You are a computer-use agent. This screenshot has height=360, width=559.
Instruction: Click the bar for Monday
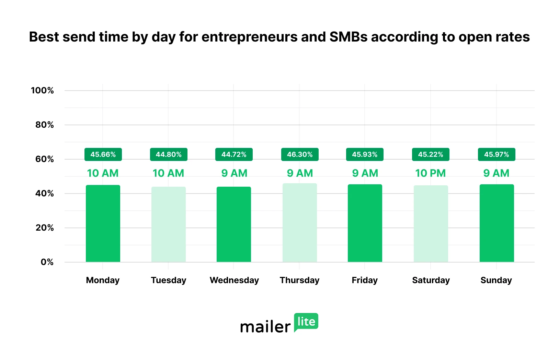click(103, 223)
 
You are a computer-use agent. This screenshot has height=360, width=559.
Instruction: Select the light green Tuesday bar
click(169, 224)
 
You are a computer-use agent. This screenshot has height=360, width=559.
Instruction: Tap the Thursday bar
click(300, 223)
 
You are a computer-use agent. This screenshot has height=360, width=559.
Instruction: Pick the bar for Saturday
click(431, 224)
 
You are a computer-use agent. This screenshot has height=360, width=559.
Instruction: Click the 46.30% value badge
click(300, 154)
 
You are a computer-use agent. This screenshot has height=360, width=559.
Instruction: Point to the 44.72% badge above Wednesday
click(234, 154)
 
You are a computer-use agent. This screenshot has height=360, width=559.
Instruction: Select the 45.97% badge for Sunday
click(497, 154)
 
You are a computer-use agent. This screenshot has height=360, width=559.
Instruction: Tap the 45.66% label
click(103, 154)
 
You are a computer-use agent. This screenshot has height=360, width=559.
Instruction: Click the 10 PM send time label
click(431, 173)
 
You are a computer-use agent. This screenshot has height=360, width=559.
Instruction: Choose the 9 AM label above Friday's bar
click(365, 173)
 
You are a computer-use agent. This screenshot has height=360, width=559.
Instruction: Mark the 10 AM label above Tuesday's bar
click(168, 173)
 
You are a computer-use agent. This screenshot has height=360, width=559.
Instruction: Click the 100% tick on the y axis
click(42, 91)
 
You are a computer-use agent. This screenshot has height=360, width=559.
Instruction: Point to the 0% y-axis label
click(47, 262)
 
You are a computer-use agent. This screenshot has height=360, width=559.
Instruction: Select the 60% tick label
click(45, 159)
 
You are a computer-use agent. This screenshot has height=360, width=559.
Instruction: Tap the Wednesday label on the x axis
click(234, 280)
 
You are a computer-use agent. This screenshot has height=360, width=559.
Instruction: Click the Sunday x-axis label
click(496, 280)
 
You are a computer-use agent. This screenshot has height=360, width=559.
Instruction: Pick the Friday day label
click(365, 280)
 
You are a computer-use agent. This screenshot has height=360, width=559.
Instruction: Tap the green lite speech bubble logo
click(306, 322)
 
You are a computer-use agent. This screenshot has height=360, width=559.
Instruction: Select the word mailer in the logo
click(265, 327)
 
